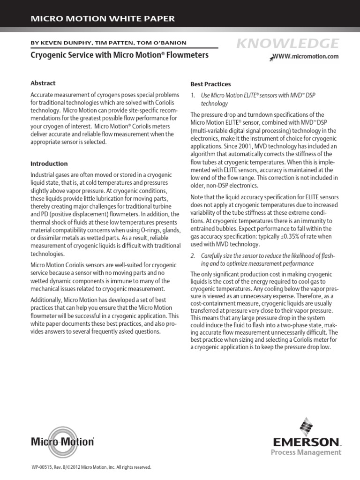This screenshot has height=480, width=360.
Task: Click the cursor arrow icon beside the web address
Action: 271,58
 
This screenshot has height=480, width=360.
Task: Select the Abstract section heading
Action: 43,83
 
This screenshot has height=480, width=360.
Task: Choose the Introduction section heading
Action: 49,164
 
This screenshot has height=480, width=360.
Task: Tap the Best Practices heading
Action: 210,84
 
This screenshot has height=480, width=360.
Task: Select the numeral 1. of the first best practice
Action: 193,95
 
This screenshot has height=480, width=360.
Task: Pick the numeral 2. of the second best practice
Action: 193,256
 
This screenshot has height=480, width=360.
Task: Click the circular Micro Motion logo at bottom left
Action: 62,440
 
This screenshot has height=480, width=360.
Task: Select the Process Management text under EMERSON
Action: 312,452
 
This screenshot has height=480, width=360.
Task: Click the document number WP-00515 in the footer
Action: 43,467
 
